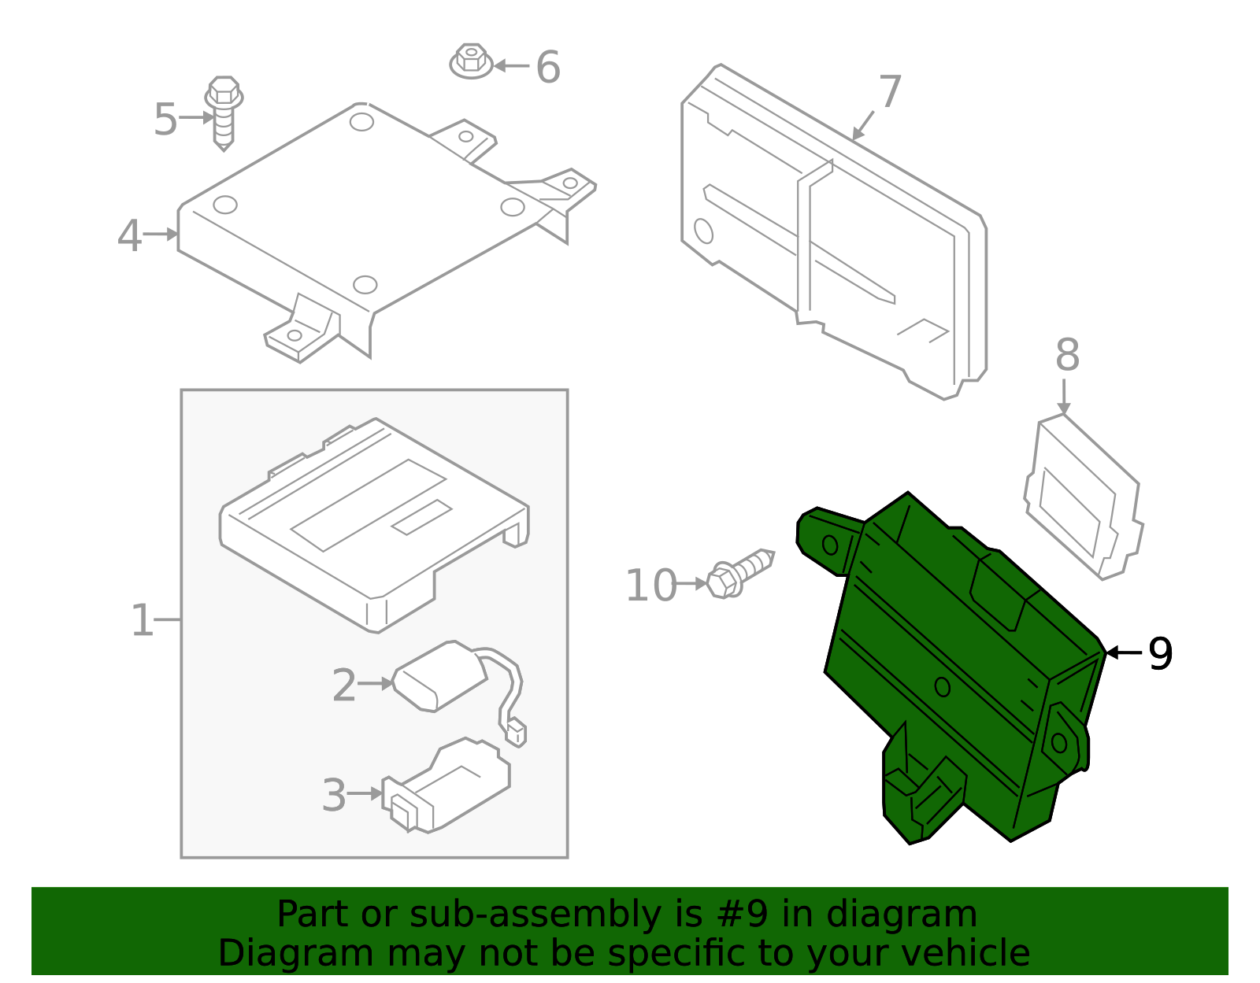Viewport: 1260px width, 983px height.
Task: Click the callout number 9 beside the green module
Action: (1160, 653)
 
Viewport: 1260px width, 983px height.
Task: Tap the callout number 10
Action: (650, 586)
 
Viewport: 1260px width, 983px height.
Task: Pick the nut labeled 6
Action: (471, 61)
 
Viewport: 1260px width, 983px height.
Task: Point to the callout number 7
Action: (890, 93)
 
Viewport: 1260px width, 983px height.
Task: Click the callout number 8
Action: (1067, 355)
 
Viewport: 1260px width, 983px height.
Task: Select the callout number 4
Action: (129, 235)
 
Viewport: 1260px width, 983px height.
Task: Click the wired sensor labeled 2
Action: (439, 677)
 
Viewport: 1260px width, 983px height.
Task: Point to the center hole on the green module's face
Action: (942, 687)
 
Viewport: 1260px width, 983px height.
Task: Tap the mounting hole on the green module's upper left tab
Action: (830, 545)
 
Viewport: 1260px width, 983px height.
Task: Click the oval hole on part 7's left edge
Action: (703, 231)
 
